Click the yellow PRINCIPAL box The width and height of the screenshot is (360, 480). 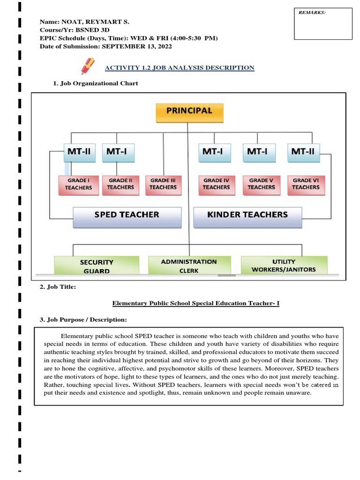[189, 112]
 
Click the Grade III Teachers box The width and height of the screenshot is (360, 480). [163, 184]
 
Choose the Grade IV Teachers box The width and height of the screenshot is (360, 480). [216, 184]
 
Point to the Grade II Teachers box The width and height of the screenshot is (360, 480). [120, 184]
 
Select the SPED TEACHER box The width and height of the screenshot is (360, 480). [127, 216]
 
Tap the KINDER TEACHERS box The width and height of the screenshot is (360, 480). [247, 216]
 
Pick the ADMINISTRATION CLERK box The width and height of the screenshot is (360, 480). [189, 265]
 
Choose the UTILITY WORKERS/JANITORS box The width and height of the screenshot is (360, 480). [284, 265]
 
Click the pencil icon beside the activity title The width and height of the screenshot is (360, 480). [88, 66]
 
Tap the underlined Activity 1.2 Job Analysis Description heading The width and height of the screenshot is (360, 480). [180, 68]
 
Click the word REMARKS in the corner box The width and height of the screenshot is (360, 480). [312, 13]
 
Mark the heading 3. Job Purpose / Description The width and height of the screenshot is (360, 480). [83, 320]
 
